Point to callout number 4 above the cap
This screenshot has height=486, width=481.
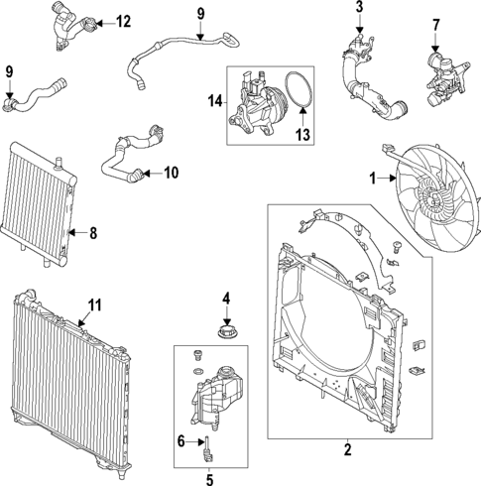[x=226, y=298]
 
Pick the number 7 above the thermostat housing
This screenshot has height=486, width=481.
[x=434, y=23]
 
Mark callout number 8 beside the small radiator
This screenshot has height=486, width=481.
[x=93, y=235]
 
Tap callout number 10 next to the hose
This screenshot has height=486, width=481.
[x=171, y=174]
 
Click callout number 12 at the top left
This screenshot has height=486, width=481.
[x=122, y=21]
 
